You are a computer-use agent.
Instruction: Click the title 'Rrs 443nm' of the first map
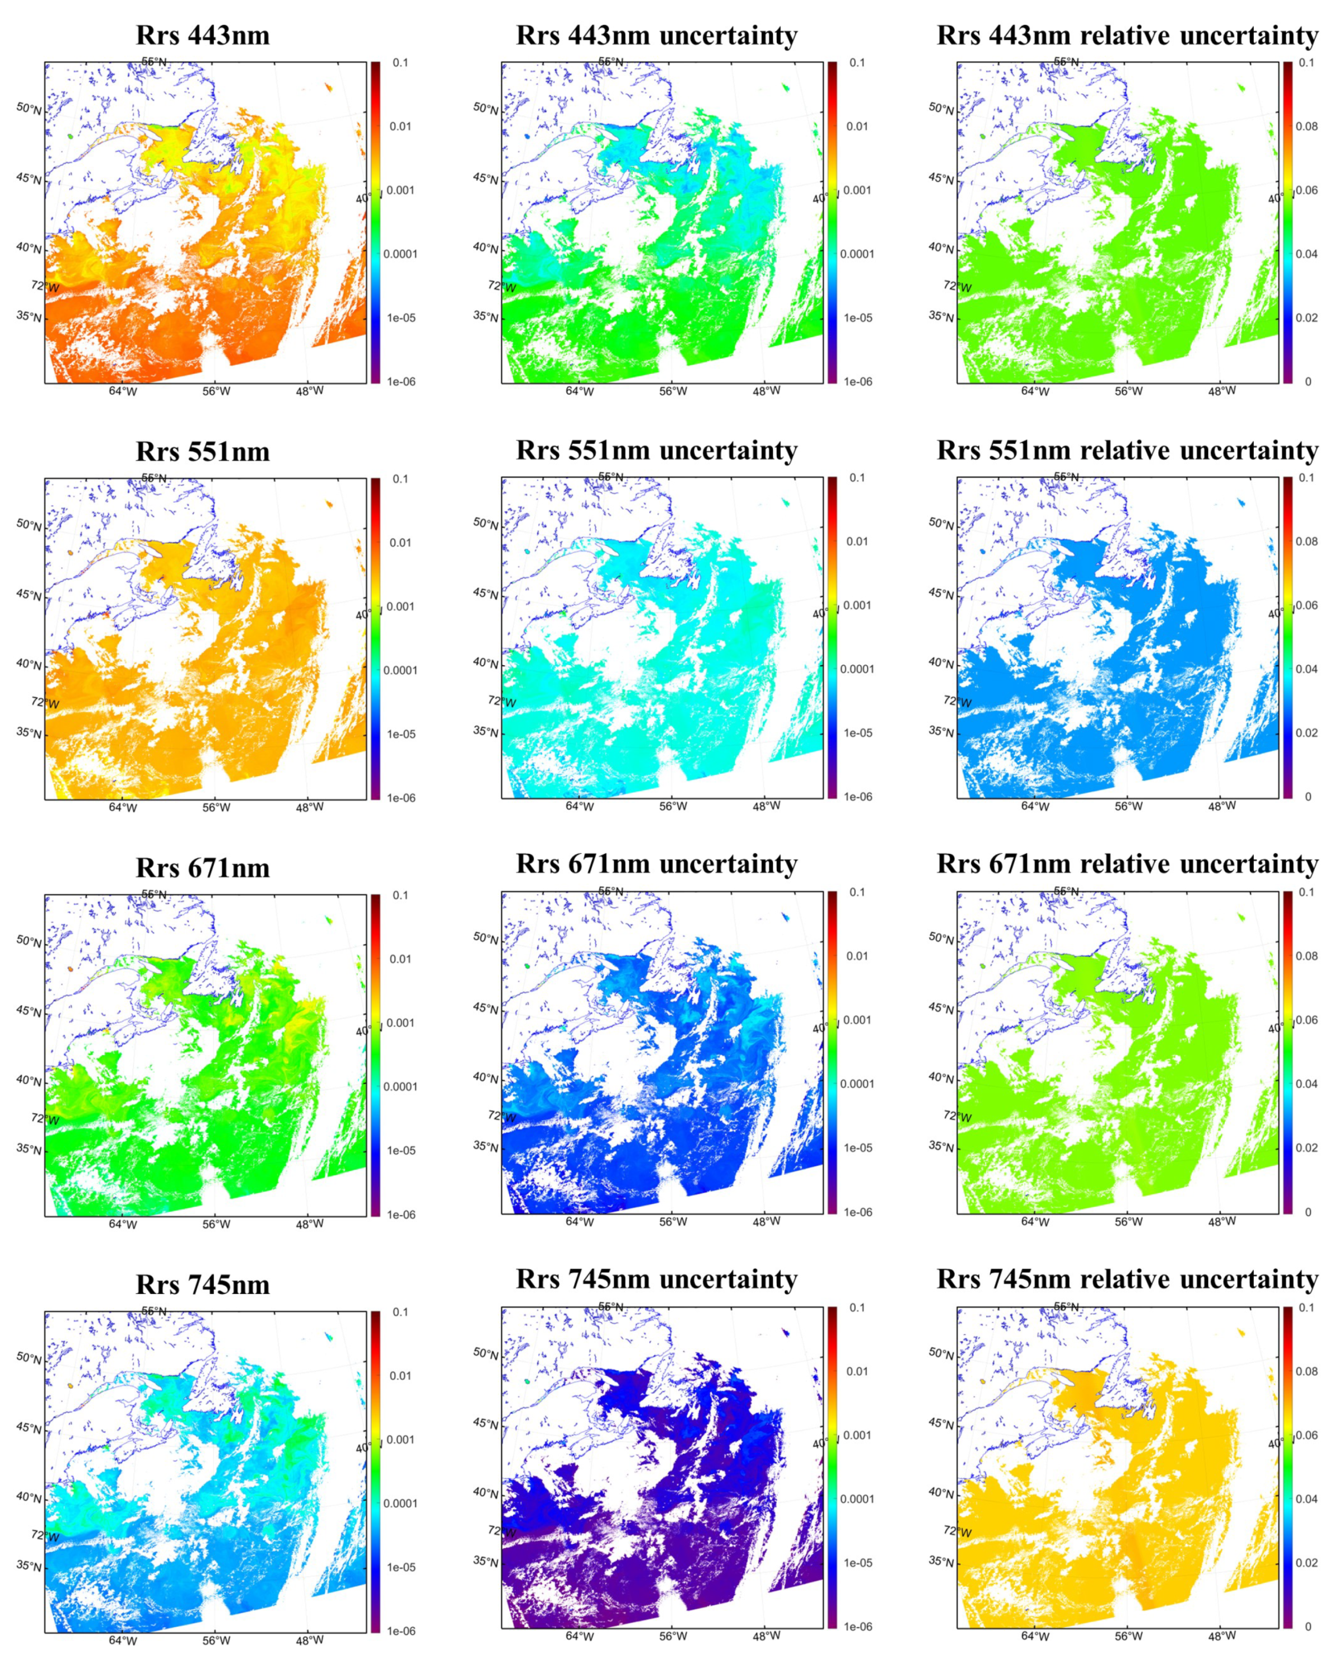point(203,36)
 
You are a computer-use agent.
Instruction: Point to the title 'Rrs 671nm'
point(203,868)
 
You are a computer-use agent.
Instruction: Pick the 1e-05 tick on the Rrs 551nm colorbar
point(401,734)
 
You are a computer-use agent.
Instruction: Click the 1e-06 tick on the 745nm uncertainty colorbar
point(858,1627)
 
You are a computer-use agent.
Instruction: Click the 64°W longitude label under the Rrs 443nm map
point(122,391)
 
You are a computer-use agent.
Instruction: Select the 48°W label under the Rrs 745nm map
point(310,1640)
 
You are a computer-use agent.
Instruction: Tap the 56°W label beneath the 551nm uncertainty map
point(673,806)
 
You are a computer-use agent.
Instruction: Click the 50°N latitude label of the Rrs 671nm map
point(29,941)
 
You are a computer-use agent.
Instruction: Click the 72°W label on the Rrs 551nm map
point(45,702)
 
